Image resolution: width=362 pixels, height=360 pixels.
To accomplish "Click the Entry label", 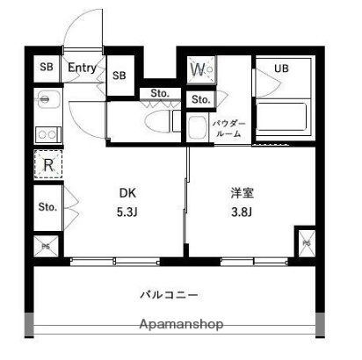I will click(82, 68).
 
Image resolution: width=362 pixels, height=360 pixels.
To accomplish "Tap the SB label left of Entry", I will click(47, 68).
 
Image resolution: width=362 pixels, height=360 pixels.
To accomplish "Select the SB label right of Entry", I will click(119, 76).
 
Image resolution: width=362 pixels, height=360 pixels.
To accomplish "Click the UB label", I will click(281, 68).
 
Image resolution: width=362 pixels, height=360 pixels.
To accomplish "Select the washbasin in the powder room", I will click(196, 126).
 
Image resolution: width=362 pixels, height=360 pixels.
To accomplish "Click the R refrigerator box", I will click(47, 164).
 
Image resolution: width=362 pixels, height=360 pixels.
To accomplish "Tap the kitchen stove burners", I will click(47, 134).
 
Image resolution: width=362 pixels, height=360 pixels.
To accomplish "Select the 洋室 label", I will click(243, 193).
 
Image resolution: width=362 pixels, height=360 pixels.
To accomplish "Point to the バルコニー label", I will click(170, 294).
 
